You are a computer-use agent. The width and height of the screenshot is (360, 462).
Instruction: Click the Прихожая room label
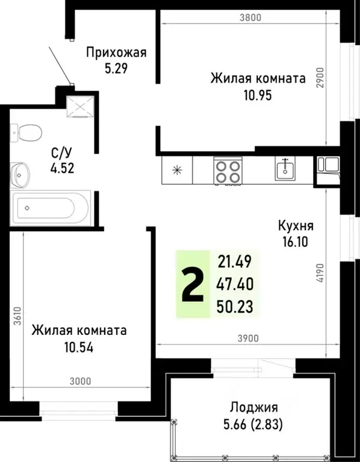(116, 52)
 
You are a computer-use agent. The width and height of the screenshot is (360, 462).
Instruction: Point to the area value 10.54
(79, 347)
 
